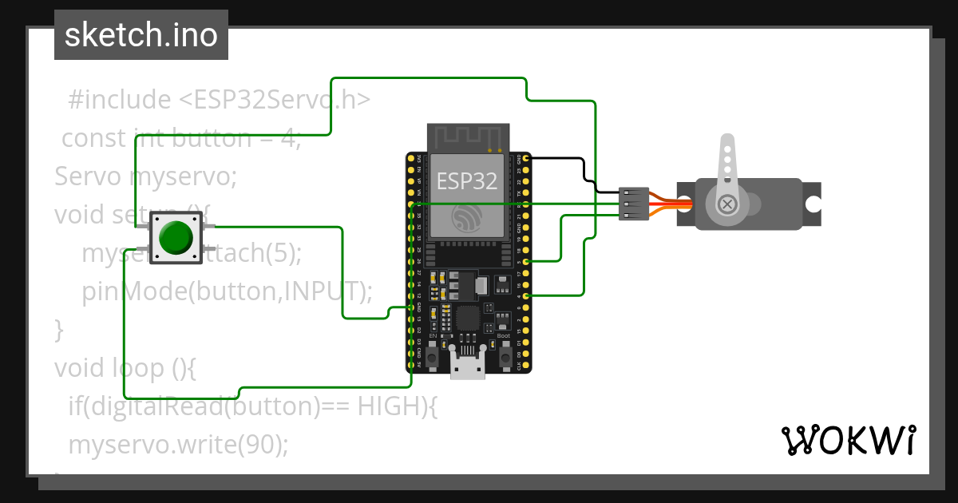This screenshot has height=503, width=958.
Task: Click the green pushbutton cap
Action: tap(176, 237)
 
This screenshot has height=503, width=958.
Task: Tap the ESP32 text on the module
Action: tap(467, 180)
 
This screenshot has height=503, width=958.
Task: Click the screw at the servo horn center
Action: tap(727, 204)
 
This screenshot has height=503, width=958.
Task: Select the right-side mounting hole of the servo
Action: tap(812, 204)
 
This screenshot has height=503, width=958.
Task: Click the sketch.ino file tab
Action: tap(141, 35)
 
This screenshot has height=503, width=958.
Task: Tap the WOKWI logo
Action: tap(848, 440)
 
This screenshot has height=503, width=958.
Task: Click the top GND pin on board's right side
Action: tap(525, 159)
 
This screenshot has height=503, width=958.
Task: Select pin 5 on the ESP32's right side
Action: tap(525, 261)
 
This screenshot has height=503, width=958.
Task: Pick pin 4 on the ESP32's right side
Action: tap(525, 295)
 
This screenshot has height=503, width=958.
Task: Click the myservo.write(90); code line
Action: tap(178, 444)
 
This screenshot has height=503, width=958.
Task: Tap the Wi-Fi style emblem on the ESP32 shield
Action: tap(467, 216)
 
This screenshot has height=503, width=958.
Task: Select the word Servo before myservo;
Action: tap(89, 176)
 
